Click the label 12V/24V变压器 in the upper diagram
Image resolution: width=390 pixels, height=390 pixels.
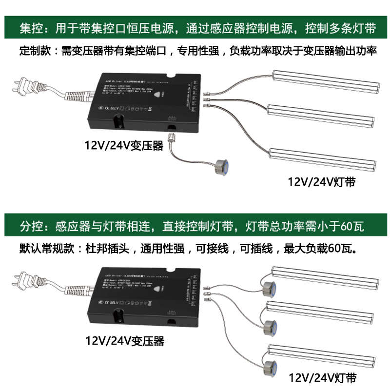(x=124, y=145)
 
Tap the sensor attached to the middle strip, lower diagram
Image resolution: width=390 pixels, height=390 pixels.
(x=269, y=325)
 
